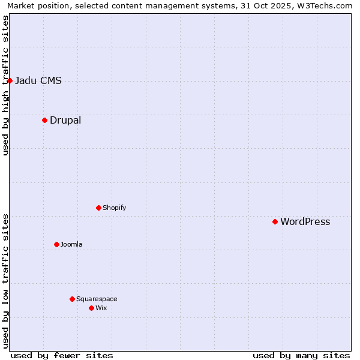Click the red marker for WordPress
(275, 221)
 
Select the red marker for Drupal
(44, 120)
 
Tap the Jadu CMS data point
(10, 80)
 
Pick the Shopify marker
(98, 208)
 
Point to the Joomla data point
(56, 244)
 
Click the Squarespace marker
(72, 299)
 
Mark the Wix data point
(91, 308)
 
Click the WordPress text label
(305, 222)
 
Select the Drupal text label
(65, 121)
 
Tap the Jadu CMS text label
(38, 81)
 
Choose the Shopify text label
(114, 208)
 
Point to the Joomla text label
(71, 245)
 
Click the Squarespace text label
(97, 299)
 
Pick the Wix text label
(101, 308)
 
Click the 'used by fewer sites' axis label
(62, 355)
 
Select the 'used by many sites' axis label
(301, 355)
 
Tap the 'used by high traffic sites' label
(5, 85)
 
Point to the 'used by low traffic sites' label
(5, 281)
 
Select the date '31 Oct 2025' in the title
(262, 5)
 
